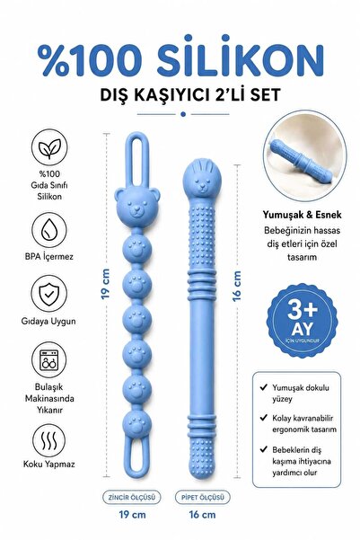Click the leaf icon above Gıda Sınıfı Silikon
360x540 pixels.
tap(49, 147)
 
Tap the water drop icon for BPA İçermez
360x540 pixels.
tap(49, 230)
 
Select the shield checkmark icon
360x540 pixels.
tap(48, 294)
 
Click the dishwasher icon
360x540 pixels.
tap(48, 360)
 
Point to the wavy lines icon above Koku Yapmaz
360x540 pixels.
tap(48, 440)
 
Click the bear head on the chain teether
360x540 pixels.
tap(137, 208)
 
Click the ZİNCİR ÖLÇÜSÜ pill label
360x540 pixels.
tap(132, 497)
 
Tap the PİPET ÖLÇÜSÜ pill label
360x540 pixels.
tap(202, 497)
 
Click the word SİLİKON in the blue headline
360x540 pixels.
tap(240, 56)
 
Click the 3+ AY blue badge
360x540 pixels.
tap(303, 320)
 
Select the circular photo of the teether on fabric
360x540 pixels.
tap(304, 155)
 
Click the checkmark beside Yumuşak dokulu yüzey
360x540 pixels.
tap(264, 387)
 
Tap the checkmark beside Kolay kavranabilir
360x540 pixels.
tap(264, 418)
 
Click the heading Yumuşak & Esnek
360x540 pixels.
tap(303, 215)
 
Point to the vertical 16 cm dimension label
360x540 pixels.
tap(237, 287)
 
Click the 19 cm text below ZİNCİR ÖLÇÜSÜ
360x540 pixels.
tap(132, 515)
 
